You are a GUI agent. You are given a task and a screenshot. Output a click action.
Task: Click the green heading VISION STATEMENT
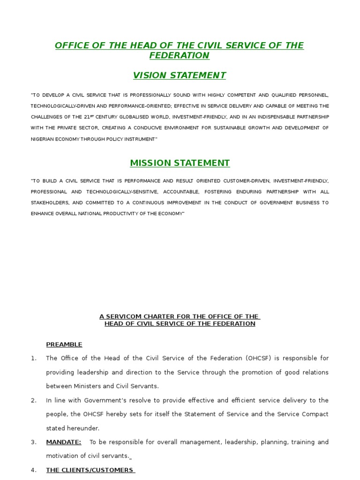[x=180, y=75]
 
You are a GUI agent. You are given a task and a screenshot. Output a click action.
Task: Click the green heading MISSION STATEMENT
[x=180, y=163]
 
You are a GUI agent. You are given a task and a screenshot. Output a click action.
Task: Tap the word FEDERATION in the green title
[x=180, y=56]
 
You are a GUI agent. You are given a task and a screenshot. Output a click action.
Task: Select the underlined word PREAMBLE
[x=64, y=345]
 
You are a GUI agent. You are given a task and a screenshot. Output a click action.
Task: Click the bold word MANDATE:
[x=64, y=442]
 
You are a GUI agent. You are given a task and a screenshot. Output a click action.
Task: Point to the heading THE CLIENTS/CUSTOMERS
[x=90, y=470]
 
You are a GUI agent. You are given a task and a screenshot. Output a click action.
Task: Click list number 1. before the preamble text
[x=34, y=358]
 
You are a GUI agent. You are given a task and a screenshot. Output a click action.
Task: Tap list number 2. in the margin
[x=34, y=400]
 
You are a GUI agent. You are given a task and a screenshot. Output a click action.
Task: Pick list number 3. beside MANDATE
[x=34, y=442]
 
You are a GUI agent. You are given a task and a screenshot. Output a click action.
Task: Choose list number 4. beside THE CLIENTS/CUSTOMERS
[x=34, y=470]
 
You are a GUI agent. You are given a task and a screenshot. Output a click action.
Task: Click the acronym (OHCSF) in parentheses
[x=257, y=358]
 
